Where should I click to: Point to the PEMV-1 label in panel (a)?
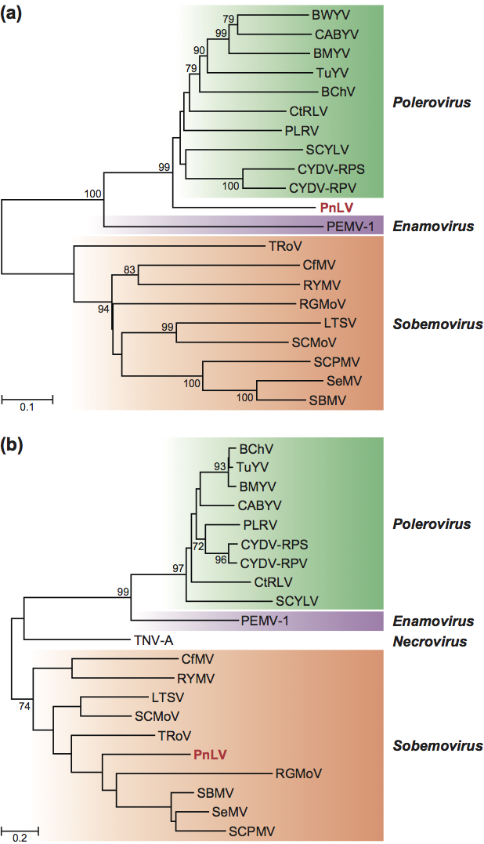click(351, 226)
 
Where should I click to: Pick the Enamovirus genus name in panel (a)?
click(433, 226)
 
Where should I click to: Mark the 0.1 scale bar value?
click(27, 407)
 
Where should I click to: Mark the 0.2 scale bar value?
click(20, 837)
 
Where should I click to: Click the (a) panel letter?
click(13, 14)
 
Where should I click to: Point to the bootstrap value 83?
click(129, 270)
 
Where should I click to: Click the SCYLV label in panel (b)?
click(294, 601)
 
